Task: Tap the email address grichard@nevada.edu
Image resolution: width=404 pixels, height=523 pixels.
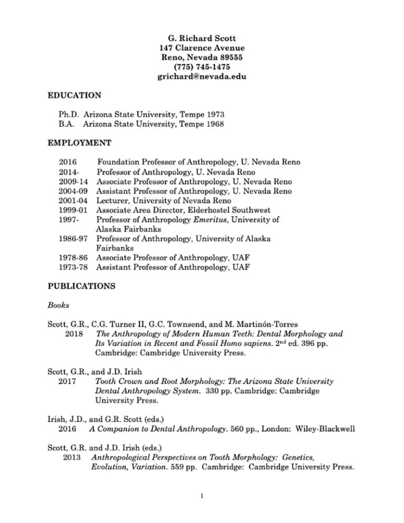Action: [x=202, y=77]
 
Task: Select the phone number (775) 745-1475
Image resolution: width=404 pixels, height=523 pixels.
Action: [x=202, y=67]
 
